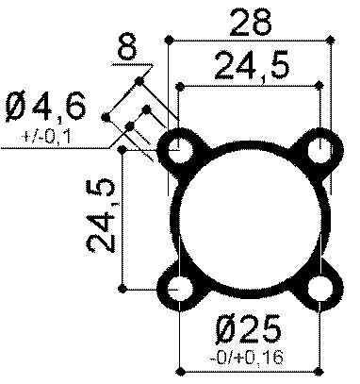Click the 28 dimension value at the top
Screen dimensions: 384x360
coord(252,20)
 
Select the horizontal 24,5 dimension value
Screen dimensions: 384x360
coord(252,66)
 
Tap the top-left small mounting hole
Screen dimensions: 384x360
coord(179,147)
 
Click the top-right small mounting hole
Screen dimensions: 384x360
coord(322,147)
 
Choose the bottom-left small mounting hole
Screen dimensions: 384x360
coord(179,289)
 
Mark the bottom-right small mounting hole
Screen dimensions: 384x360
coord(322,289)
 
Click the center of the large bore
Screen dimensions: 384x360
coord(251,218)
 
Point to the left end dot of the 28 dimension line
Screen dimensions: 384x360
coord(168,40)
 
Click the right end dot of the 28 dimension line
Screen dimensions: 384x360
coord(335,40)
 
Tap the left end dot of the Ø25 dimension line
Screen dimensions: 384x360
coord(178,369)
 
